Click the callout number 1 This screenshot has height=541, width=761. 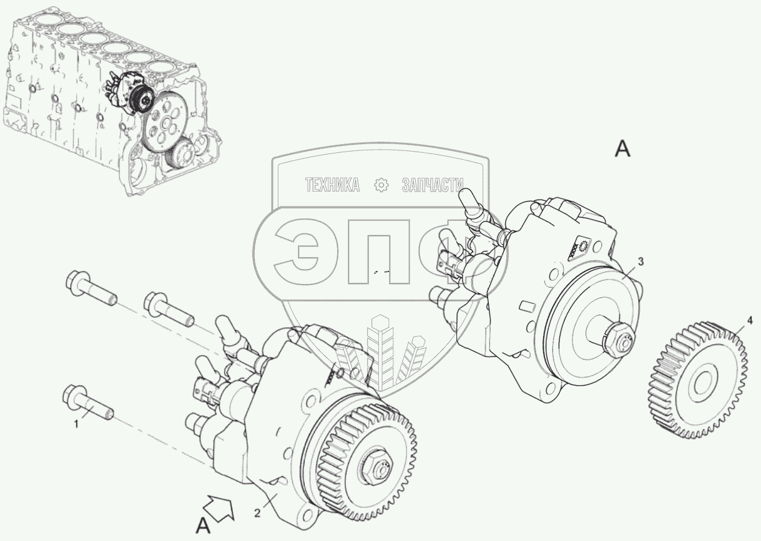pyautogui.click(x=76, y=424)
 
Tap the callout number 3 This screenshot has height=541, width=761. pyautogui.click(x=641, y=262)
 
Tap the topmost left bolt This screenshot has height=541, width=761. pyautogui.click(x=91, y=287)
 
